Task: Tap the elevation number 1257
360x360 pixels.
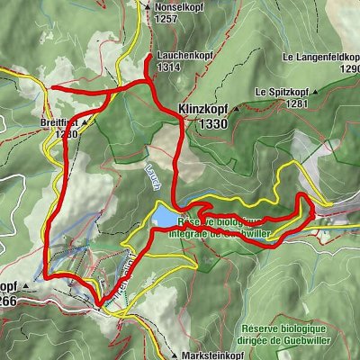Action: point(166,18)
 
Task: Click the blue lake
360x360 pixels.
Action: point(165,216)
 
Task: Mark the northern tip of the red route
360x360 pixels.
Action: point(148,57)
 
